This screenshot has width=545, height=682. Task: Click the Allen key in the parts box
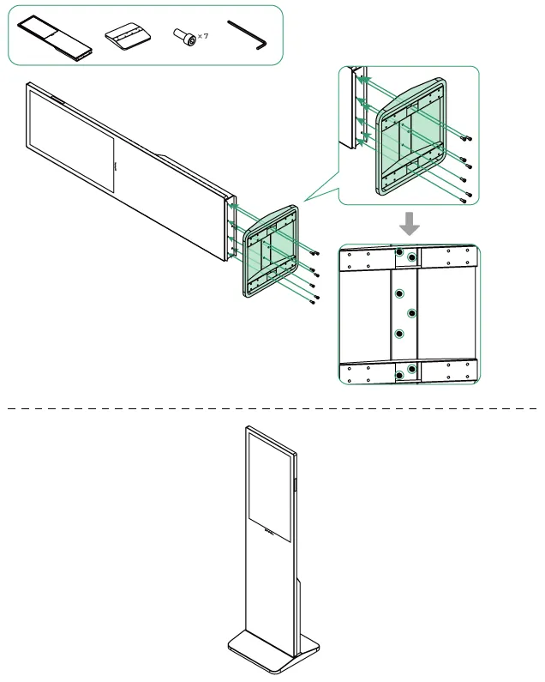coord(247,35)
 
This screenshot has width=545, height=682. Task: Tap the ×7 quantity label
coord(203,36)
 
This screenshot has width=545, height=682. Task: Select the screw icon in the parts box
coord(184,38)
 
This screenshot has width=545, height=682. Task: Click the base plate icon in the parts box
coord(128,37)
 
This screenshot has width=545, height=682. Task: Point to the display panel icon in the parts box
coord(55,39)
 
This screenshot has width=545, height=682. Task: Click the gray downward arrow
coord(410,224)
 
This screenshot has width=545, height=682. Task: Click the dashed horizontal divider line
coord(272,408)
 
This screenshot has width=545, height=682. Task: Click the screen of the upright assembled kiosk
coord(269,487)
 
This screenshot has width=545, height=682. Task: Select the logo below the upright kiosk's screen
coord(269,531)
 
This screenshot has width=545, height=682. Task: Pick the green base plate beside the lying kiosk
coord(270,251)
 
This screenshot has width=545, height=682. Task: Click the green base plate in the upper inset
coord(411,136)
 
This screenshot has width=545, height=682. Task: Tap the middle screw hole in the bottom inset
coord(411,313)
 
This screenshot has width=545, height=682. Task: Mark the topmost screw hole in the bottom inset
coord(399,252)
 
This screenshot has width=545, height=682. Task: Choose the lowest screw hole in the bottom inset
coord(399,375)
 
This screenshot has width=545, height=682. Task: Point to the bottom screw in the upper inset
coord(464,200)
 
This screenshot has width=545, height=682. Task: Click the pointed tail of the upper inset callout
coord(304,201)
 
